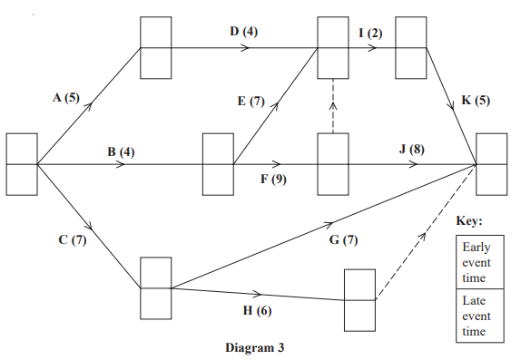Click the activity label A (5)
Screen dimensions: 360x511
[x=66, y=97]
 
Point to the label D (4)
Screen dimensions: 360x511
[x=243, y=32]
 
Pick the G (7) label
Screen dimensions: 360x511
[x=344, y=240]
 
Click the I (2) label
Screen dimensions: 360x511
[x=369, y=33]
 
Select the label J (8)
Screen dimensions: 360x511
[x=410, y=149]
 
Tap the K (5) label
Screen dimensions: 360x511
[x=476, y=99]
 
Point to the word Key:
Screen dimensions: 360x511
[x=469, y=221]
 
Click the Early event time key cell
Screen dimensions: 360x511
[x=474, y=262]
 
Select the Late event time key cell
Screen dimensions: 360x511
[x=474, y=315]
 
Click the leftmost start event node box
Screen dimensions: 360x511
[x=22, y=165]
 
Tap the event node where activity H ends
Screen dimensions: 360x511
[x=359, y=299]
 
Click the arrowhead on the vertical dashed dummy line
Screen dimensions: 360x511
[x=333, y=102]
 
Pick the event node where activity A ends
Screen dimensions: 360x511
[x=155, y=48]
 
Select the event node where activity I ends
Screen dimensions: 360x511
[x=411, y=48]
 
